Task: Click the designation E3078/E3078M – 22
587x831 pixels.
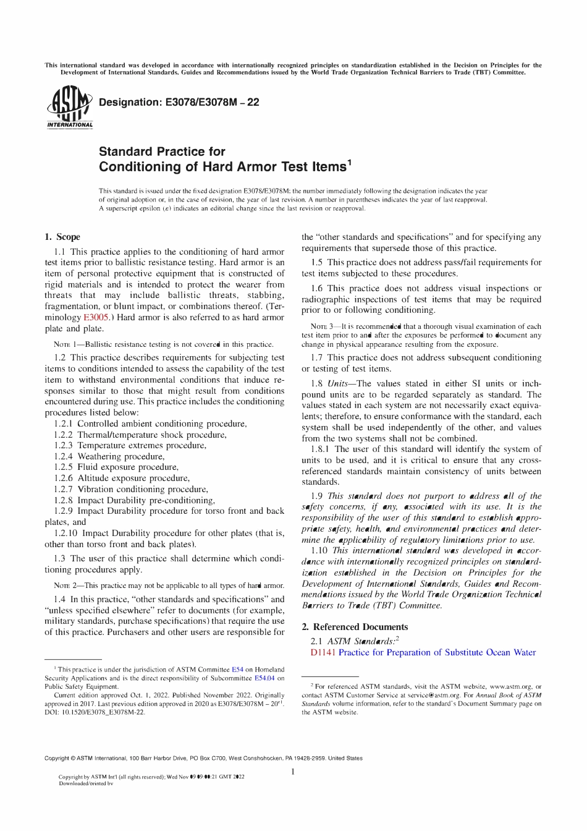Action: (x=179, y=102)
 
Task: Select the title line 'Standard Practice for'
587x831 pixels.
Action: (x=162, y=151)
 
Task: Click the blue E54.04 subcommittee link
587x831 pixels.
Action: (x=264, y=678)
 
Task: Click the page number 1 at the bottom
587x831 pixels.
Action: (x=293, y=771)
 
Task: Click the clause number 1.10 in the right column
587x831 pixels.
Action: (x=319, y=550)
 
